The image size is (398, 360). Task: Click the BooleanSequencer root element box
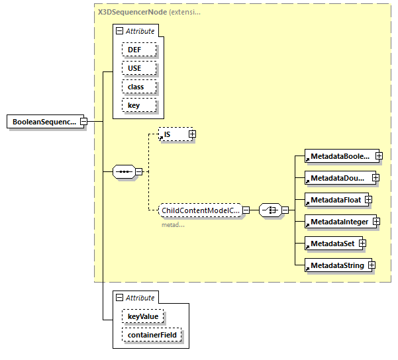(44, 122)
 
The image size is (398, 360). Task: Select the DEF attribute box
(138, 50)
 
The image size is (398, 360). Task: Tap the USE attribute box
(138, 68)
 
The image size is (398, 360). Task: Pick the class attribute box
(138, 87)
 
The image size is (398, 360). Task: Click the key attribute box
(138, 105)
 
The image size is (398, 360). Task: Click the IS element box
(174, 134)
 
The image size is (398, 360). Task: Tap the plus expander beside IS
(192, 134)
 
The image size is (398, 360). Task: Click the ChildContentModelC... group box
(199, 210)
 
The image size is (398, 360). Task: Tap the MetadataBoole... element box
(338, 156)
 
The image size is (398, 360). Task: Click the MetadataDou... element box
(337, 177)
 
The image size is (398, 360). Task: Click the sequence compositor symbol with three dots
(124, 172)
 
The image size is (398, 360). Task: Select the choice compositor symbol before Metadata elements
(269, 210)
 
